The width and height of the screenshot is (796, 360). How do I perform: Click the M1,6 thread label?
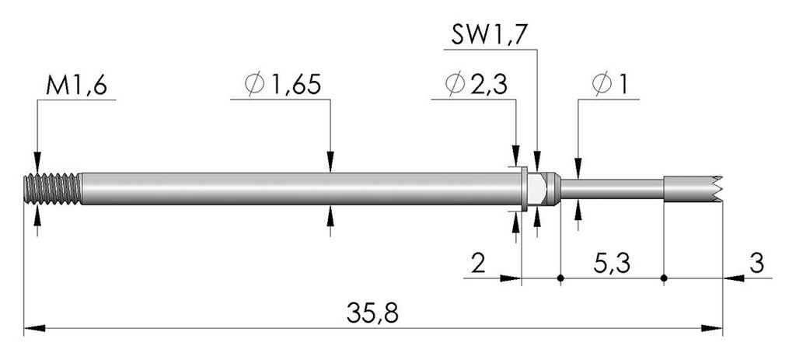point(76,86)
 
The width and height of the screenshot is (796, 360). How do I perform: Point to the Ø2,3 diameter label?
point(475,86)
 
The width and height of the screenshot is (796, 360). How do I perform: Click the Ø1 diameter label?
point(609,86)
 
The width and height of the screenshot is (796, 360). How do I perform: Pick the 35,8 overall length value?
point(372,313)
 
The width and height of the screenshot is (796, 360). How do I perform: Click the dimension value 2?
point(479,264)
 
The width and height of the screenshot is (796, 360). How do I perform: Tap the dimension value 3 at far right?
point(756,264)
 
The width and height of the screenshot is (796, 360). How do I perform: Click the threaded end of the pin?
point(53,189)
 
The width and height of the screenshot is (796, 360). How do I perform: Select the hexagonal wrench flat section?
point(536,189)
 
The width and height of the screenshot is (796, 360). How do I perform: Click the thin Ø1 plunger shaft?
point(612,189)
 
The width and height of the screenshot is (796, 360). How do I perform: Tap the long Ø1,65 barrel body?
point(302,189)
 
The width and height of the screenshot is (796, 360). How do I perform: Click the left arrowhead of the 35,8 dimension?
point(34,329)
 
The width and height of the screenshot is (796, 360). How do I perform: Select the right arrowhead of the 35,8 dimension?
point(712,329)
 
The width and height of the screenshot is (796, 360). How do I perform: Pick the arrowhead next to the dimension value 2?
point(511,278)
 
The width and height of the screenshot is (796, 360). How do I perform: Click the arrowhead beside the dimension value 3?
point(734,278)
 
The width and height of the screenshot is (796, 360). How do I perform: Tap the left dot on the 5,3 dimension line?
point(560,278)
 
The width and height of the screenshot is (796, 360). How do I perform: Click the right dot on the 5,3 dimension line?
point(664,278)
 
